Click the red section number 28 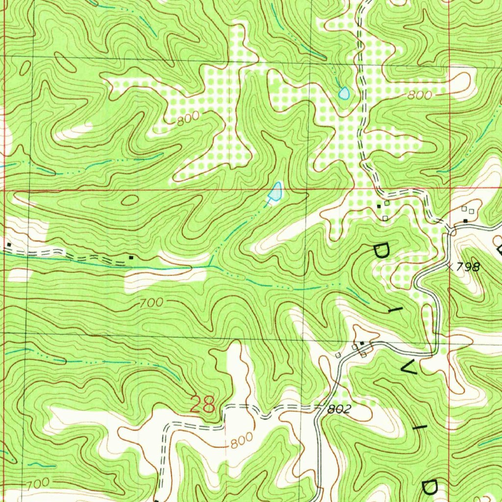point(202,405)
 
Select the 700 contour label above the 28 point(151,303)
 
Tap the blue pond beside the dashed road point(344,93)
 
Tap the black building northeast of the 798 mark point(465,222)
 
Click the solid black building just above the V point(362,343)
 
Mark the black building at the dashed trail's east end point(130,256)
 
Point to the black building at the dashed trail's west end point(9,244)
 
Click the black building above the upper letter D point(378,206)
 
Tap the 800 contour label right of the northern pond point(420,96)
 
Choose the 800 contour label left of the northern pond point(188,118)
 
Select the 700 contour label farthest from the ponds point(37,483)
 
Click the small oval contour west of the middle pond point(130,200)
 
